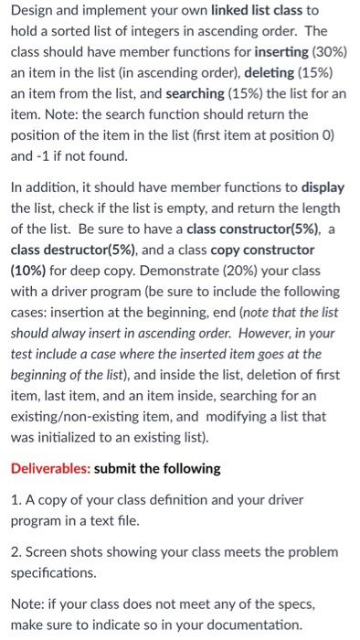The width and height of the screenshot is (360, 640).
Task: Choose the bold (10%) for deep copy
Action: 32,270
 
